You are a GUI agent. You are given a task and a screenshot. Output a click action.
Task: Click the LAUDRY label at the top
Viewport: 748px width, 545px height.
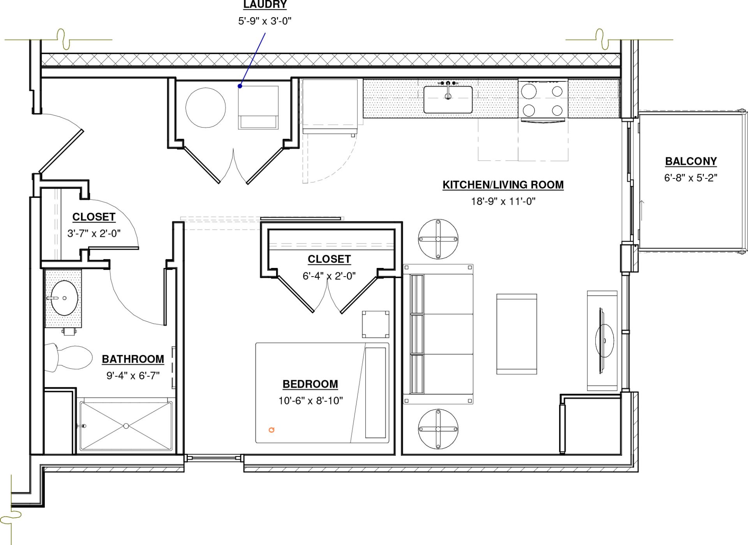point(265,4)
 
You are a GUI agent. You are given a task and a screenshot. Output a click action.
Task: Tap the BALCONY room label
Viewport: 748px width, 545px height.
point(691,161)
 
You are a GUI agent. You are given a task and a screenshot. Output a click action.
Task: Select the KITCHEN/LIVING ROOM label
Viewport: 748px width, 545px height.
point(503,185)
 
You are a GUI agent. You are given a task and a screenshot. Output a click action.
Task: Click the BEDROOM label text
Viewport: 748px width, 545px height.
point(310,384)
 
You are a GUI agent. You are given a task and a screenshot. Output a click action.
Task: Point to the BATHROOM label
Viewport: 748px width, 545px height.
point(133,359)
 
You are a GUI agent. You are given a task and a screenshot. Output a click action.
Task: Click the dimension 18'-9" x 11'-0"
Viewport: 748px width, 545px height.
point(503,201)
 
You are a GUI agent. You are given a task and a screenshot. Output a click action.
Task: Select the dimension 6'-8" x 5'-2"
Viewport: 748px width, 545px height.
point(691,178)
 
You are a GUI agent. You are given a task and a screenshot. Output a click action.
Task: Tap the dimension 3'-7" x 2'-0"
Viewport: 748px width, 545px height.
point(94,233)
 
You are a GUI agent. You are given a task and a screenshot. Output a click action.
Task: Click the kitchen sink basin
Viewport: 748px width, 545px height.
point(448,100)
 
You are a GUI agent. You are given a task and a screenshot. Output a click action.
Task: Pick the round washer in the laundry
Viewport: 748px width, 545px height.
point(205,108)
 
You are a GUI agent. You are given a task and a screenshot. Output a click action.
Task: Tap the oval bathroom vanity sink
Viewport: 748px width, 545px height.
point(65,298)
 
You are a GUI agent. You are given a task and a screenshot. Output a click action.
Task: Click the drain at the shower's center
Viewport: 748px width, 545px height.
point(126,426)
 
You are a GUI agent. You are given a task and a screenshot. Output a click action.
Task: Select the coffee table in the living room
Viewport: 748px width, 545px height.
point(517,334)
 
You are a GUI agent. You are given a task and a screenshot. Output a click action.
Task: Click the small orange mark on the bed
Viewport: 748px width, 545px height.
point(272,430)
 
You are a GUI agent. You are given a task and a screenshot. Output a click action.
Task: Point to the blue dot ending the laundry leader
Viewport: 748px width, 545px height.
point(240,86)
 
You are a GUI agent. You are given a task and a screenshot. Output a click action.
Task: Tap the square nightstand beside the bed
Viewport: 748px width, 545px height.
point(376,324)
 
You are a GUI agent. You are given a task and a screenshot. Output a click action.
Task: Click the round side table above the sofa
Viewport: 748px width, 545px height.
point(438,239)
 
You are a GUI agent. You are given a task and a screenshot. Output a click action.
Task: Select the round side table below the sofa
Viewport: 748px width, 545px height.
point(438,429)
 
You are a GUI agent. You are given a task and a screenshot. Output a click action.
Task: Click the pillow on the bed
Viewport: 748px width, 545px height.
point(376,393)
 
